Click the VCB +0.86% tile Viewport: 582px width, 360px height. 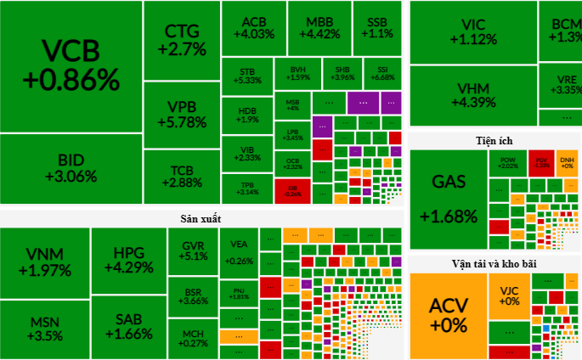click(71, 66)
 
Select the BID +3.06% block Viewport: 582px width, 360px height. click(71, 168)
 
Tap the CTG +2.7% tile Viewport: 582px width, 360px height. click(182, 41)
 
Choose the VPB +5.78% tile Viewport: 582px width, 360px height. click(182, 114)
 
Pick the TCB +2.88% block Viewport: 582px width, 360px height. click(182, 176)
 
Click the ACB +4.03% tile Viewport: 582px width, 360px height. click(252, 27)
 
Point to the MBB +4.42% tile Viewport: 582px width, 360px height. click(319, 27)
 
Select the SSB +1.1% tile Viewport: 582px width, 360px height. click(376, 27)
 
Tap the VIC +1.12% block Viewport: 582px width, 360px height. click(473, 32)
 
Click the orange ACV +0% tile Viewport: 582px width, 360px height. click(448, 314)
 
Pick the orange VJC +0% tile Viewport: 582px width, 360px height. click(509, 295)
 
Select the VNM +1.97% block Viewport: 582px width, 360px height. click(43, 262)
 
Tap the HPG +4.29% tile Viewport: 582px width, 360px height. click(128, 260)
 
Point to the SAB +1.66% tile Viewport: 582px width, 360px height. click(128, 326)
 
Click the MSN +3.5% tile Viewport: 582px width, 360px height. click(43, 329)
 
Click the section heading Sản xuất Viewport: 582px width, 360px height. click(201, 218)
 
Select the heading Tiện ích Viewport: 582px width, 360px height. click(494, 140)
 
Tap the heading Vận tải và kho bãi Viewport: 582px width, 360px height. click(494, 264)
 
